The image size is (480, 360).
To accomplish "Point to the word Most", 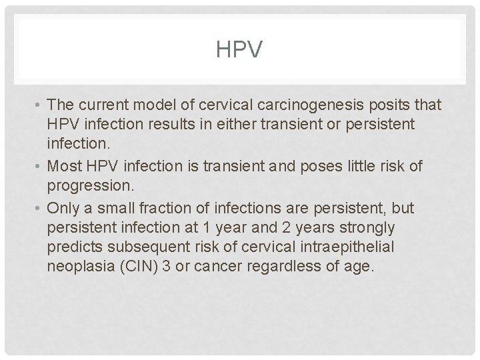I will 63,165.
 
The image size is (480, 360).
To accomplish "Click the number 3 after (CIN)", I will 166,266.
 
